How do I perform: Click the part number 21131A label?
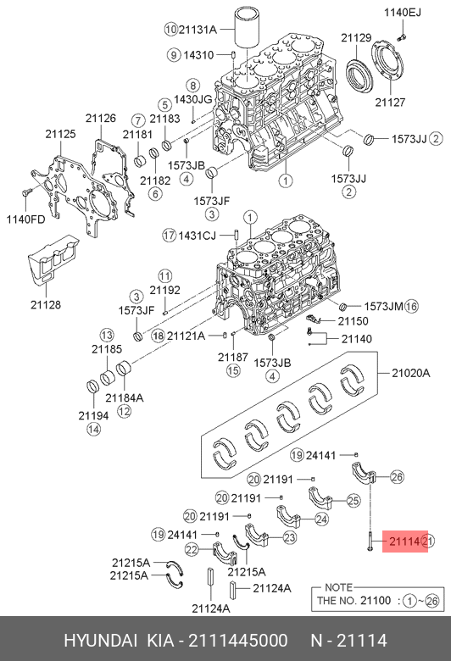point(198,29)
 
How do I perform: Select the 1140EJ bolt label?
point(402,13)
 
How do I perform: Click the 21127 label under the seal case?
point(390,102)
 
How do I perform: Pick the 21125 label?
point(61,134)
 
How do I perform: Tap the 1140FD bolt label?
point(25,219)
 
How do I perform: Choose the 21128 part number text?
point(46,304)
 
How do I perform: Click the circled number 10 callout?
point(170,29)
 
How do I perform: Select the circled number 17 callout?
point(169,236)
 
